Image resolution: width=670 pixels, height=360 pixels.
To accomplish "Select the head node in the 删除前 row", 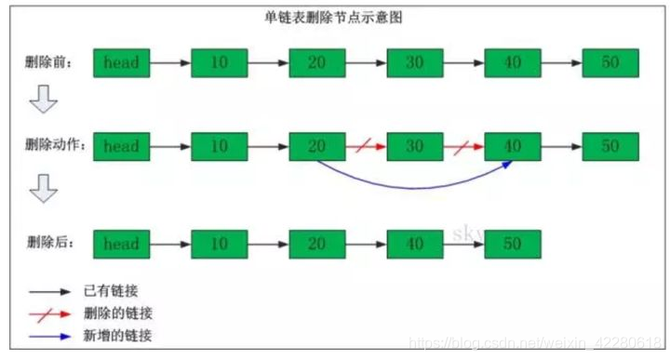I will coord(122,63).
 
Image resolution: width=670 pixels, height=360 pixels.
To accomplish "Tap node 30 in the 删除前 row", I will coord(415,63).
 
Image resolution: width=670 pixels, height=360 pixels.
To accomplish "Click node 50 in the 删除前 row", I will coord(610,63).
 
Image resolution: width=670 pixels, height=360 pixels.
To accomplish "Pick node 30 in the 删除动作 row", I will coord(415,147).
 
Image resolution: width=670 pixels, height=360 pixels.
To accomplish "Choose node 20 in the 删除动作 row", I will coord(317,147).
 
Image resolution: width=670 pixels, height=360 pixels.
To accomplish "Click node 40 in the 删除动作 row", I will coord(513,147).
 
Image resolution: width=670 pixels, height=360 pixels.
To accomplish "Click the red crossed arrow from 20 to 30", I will coord(366,147).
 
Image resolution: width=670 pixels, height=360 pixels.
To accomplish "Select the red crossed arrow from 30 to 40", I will coord(463,147).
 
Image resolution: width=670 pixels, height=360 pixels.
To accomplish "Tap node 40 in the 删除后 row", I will coord(415,245).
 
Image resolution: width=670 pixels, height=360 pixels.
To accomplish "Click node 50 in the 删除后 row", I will coord(513,245).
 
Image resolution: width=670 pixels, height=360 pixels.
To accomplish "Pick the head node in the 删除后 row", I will coord(122,245).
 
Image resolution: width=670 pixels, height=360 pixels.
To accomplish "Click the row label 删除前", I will coord(47,63).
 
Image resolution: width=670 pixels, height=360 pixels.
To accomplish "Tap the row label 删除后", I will coord(47,245).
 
